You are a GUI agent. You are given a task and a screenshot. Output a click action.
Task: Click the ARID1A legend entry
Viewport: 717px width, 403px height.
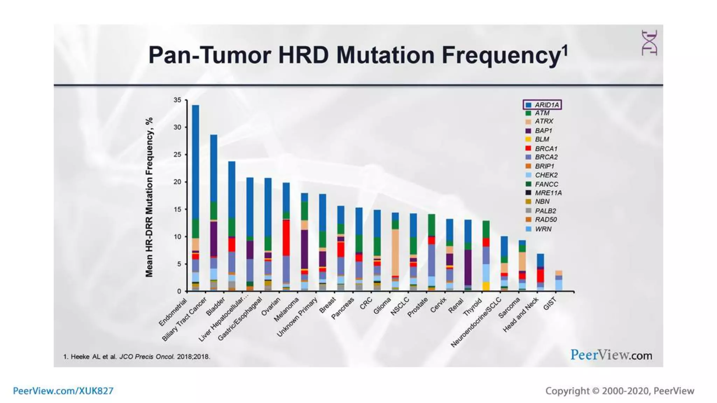click(546, 105)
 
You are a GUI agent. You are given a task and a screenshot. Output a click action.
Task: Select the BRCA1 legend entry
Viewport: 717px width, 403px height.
click(545, 148)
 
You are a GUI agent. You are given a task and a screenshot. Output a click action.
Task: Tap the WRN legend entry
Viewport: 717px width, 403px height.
click(543, 229)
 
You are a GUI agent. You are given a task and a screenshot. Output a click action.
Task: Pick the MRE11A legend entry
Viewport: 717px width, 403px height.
click(548, 193)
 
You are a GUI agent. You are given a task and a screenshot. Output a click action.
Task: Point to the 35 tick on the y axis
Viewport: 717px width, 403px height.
click(177, 100)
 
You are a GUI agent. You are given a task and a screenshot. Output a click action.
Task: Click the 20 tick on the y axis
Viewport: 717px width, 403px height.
click(177, 182)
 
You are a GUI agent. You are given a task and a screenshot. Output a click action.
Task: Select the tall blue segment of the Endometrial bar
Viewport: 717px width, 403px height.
click(195, 161)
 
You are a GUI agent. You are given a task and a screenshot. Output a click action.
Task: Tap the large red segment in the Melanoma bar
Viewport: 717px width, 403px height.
click(286, 238)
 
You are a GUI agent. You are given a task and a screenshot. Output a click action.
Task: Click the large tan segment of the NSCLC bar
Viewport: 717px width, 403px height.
click(395, 252)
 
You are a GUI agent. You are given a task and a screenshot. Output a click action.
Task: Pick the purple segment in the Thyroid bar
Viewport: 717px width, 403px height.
click(468, 268)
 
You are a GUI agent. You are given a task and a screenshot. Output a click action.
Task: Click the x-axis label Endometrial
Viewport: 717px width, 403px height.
click(173, 312)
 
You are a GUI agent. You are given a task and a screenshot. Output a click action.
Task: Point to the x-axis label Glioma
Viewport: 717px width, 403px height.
click(382, 306)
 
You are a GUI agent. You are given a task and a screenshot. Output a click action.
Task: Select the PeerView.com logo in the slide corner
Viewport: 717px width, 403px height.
click(611, 355)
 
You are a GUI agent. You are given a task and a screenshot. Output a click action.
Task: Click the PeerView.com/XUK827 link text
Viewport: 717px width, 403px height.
click(63, 391)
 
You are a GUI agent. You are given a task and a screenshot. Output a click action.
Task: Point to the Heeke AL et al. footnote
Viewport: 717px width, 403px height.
click(137, 357)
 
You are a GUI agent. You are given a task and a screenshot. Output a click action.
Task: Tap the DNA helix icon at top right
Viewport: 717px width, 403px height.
click(649, 43)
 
